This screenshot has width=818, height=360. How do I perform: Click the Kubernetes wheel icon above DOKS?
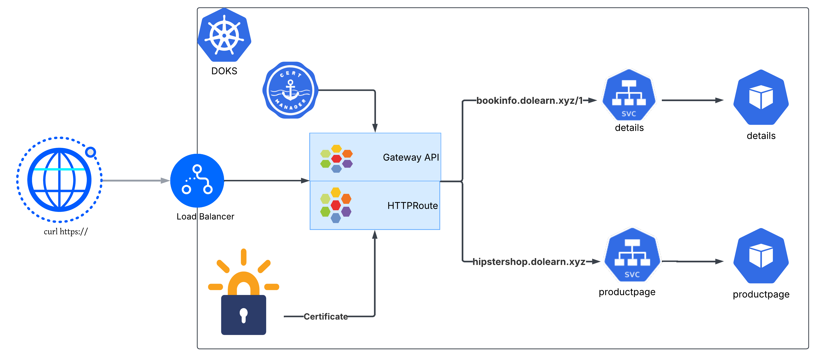click(x=224, y=35)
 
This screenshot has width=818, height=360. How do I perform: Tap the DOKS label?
click(x=224, y=71)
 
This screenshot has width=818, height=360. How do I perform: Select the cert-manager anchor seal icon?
click(x=290, y=90)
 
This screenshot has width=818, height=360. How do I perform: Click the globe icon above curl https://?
click(x=59, y=180)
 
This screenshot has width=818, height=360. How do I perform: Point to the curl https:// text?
click(x=65, y=231)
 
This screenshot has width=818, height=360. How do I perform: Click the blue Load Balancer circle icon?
click(x=197, y=180)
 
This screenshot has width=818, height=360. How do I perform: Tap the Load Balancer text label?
click(x=205, y=216)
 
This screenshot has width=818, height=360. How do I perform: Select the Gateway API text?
click(x=411, y=157)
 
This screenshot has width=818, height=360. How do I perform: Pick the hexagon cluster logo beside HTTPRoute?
click(x=336, y=205)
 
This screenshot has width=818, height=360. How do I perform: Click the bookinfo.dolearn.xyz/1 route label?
click(x=529, y=101)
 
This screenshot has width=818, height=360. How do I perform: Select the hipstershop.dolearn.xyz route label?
click(x=529, y=262)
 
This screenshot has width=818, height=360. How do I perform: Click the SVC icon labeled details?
click(x=629, y=95)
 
